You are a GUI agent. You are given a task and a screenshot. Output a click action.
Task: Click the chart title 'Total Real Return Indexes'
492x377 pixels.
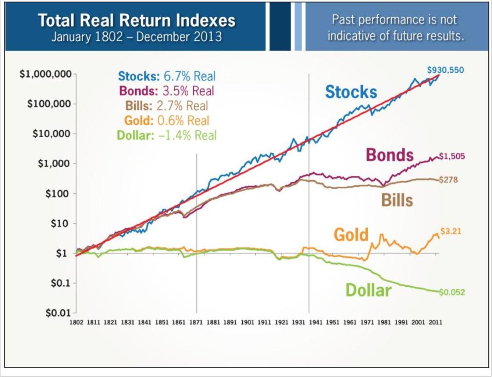point(136,21)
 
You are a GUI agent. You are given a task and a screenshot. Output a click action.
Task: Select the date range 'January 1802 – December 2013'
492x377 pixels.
point(136,37)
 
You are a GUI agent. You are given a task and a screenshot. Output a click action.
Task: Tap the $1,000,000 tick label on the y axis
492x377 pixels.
point(45,74)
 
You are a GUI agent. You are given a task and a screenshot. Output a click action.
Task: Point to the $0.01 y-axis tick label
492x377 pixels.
point(58,313)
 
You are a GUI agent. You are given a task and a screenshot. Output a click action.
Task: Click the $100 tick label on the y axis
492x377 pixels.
point(57,193)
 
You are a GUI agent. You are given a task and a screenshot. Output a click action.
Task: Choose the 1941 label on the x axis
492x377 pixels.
point(315,322)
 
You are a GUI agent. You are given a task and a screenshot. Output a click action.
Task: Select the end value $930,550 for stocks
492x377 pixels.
point(445,70)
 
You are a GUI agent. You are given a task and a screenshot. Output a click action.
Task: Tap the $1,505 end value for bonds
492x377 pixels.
point(452,156)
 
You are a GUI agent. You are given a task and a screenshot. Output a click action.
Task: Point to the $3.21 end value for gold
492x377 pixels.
point(450,231)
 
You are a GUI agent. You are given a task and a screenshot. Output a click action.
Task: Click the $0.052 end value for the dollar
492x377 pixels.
point(452,292)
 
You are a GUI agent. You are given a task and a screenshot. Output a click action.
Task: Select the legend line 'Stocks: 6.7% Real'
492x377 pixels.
point(167,76)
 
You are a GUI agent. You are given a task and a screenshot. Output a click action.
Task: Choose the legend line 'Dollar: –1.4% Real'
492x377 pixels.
point(167,135)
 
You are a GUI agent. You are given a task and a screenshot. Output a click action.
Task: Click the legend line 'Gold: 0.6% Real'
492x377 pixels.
point(167,120)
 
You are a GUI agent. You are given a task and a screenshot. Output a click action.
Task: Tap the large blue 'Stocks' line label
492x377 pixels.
point(351,92)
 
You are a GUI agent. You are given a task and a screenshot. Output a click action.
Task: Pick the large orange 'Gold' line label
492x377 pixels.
point(351,235)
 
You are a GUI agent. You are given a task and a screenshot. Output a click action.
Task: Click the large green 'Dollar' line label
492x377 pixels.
point(368,290)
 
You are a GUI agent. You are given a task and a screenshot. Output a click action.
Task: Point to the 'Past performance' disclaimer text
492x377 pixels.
point(395,28)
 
